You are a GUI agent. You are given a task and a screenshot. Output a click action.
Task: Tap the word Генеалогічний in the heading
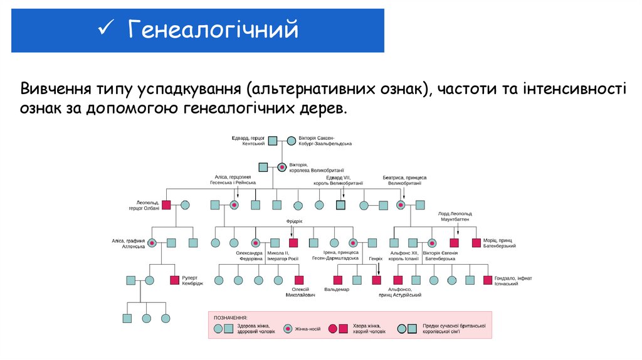(x=213, y=29)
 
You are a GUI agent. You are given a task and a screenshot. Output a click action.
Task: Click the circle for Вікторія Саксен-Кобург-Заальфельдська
(x=292, y=140)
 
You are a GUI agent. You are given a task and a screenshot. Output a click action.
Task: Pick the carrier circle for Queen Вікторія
(x=282, y=167)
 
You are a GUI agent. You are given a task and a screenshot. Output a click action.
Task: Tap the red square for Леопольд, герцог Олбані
(x=166, y=204)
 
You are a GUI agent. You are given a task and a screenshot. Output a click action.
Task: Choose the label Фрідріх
(x=294, y=221)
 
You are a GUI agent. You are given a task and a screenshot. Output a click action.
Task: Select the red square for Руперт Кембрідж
(x=174, y=280)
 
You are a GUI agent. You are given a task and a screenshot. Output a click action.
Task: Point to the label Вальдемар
(x=337, y=289)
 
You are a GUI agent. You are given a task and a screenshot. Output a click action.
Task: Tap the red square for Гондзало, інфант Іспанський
(x=487, y=280)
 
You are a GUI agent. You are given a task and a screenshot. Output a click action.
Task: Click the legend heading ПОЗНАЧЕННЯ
(x=231, y=318)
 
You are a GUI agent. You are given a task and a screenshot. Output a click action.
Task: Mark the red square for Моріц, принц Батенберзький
(x=476, y=242)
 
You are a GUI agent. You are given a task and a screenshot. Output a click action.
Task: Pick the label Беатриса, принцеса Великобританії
(x=404, y=180)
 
